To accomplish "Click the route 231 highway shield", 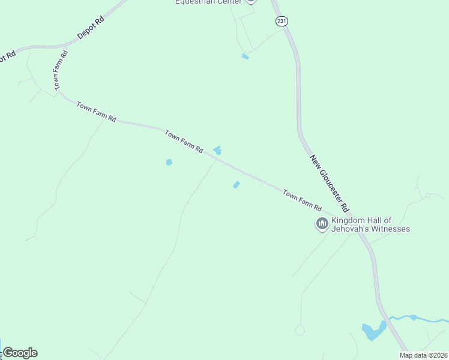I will (x=282, y=21).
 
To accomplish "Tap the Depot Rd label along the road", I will (x=91, y=27).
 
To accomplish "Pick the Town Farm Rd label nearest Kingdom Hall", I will (x=302, y=200).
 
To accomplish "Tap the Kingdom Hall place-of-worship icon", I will (x=322, y=224).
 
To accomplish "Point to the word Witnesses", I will (x=391, y=229).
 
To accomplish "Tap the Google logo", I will (x=20, y=353).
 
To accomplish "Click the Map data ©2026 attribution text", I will (x=423, y=355).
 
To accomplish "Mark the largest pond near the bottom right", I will (x=372, y=331).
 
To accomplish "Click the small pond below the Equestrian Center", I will (x=245, y=56).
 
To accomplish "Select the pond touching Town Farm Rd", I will (x=217, y=150).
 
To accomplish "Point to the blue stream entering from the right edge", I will (x=420, y=318).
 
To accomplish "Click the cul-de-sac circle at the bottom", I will (x=300, y=331).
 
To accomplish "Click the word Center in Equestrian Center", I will (x=232, y=2).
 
